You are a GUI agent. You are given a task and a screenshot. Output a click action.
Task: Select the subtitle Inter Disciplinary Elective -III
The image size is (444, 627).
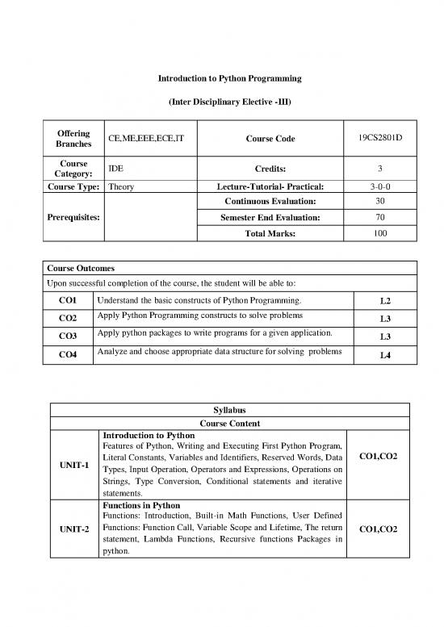pyautogui.click(x=221, y=102)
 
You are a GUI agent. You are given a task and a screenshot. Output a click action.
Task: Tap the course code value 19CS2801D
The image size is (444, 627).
pyautogui.click(x=379, y=138)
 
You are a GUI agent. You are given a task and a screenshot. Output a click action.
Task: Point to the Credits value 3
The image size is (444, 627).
pyautogui.click(x=379, y=169)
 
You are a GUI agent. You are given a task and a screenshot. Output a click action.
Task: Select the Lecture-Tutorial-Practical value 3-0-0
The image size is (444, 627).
pyautogui.click(x=379, y=186)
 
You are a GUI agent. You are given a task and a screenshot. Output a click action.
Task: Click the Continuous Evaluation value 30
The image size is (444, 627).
pyautogui.click(x=379, y=201)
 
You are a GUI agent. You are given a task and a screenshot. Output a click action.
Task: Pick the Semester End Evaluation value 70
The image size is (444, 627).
pyautogui.click(x=379, y=218)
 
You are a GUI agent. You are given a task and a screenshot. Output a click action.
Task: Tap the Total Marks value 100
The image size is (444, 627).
pyautogui.click(x=379, y=233)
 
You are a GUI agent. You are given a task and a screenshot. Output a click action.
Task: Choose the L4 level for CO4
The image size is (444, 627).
pyautogui.click(x=385, y=355)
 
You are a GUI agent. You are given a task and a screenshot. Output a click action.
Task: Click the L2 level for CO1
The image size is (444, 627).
pyautogui.click(x=385, y=301)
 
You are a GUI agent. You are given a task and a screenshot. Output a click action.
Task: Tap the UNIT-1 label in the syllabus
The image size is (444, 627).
pyautogui.click(x=73, y=465)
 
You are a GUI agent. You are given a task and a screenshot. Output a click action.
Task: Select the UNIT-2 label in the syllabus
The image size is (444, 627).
pyautogui.click(x=73, y=529)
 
